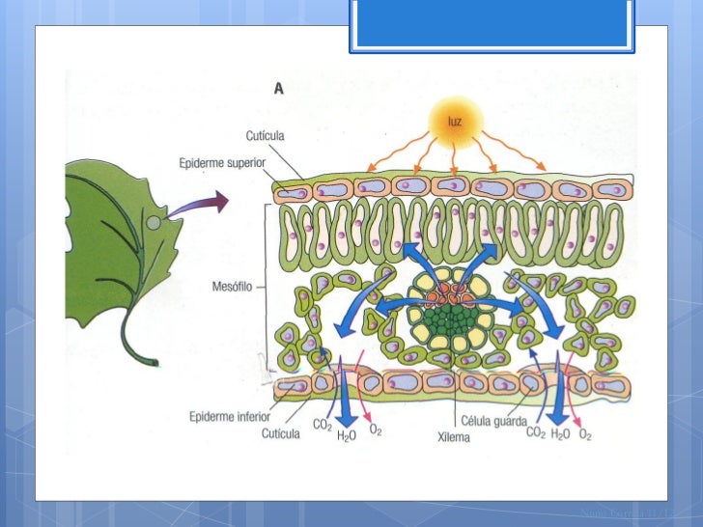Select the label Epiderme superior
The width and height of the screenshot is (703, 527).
point(222,163)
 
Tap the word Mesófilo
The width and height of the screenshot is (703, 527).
point(232,287)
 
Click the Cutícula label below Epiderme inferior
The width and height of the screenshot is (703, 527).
point(284,433)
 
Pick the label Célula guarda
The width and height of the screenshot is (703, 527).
point(495,422)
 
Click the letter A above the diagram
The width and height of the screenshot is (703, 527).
point(278,89)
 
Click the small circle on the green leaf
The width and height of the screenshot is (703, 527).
point(155,222)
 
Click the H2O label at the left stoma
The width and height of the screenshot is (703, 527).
point(346,436)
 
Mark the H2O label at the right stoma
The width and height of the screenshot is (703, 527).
point(559,433)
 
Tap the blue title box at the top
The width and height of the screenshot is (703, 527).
point(493,25)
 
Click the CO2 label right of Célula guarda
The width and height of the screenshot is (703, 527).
point(535,432)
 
